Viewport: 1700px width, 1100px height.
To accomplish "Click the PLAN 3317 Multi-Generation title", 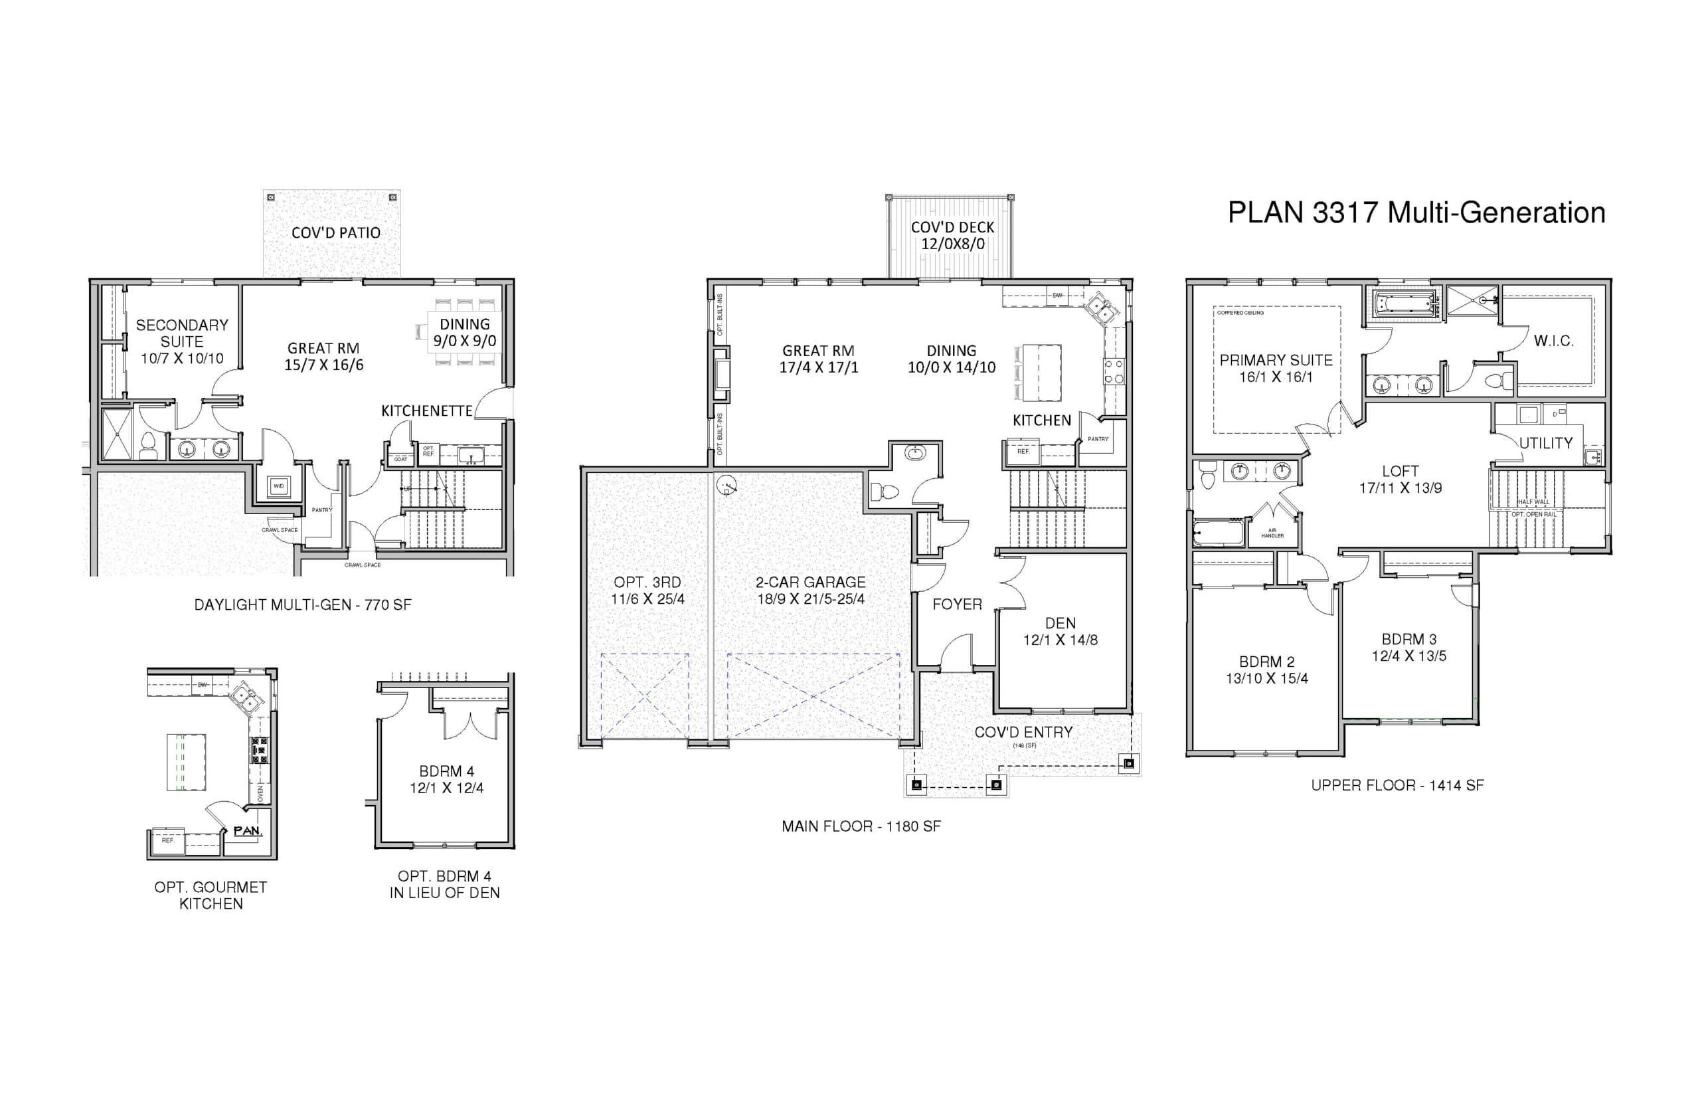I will tap(1416, 213).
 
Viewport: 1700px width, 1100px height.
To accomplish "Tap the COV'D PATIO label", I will tap(335, 233).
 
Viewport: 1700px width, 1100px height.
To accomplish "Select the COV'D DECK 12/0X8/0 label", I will tap(952, 236).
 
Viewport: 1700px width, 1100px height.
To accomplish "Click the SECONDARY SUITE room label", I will tap(182, 341).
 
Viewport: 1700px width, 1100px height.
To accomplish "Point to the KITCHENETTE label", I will tap(426, 411).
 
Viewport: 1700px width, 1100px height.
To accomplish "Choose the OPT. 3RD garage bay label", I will tap(647, 591).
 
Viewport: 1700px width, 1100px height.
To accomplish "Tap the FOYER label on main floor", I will tap(957, 604).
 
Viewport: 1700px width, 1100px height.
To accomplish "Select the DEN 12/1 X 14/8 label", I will tap(1061, 632).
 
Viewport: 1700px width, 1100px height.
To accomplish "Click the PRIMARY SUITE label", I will tap(1276, 368).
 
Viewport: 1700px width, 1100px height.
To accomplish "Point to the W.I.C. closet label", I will tap(1554, 341).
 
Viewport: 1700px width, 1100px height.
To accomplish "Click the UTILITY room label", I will tap(1546, 444).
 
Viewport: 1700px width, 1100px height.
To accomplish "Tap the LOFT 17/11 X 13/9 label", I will tap(1400, 480).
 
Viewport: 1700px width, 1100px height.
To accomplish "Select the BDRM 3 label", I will tap(1408, 647).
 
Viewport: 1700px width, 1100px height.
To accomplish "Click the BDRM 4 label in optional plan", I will tap(446, 779).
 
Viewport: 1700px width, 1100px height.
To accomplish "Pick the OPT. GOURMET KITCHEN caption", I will tap(211, 895).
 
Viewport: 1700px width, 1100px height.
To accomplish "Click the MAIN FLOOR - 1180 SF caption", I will tap(861, 826).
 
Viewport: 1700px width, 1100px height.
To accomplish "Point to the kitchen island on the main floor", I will tap(1041, 373).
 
